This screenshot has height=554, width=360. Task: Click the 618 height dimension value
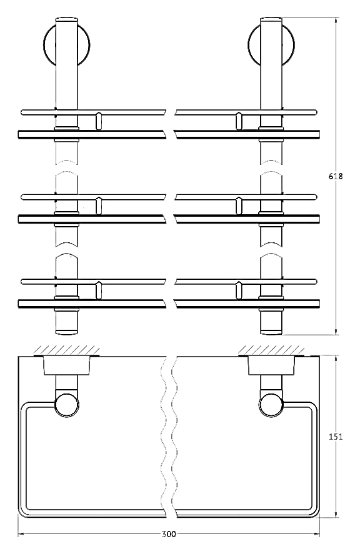click(x=336, y=176)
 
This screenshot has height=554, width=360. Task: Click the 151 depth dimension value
click(x=336, y=437)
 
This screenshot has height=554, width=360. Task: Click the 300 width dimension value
click(x=169, y=534)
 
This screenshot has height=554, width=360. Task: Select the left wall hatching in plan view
click(x=66, y=350)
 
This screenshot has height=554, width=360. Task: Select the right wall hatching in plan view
click(x=271, y=350)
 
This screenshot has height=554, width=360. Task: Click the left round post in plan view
click(x=67, y=405)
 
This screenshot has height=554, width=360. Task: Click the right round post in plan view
click(x=271, y=405)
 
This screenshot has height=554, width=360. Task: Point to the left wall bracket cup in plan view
click(x=67, y=365)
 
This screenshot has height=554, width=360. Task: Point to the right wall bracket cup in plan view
click(x=271, y=365)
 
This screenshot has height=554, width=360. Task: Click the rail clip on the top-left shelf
click(x=98, y=121)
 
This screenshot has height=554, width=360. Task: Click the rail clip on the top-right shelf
click(x=239, y=121)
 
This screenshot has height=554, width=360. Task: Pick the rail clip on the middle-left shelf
click(x=98, y=205)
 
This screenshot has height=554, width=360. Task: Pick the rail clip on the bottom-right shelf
click(x=239, y=290)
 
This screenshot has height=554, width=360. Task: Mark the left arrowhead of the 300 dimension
click(x=21, y=534)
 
